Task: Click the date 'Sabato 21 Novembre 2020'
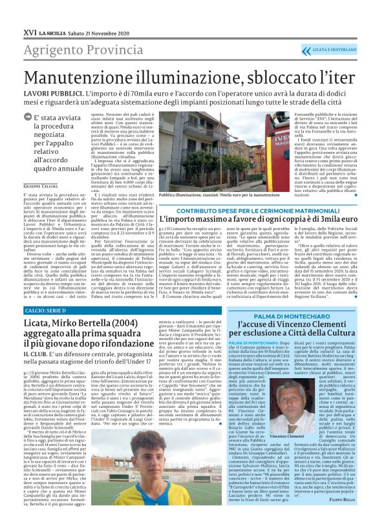[x=95, y=12]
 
